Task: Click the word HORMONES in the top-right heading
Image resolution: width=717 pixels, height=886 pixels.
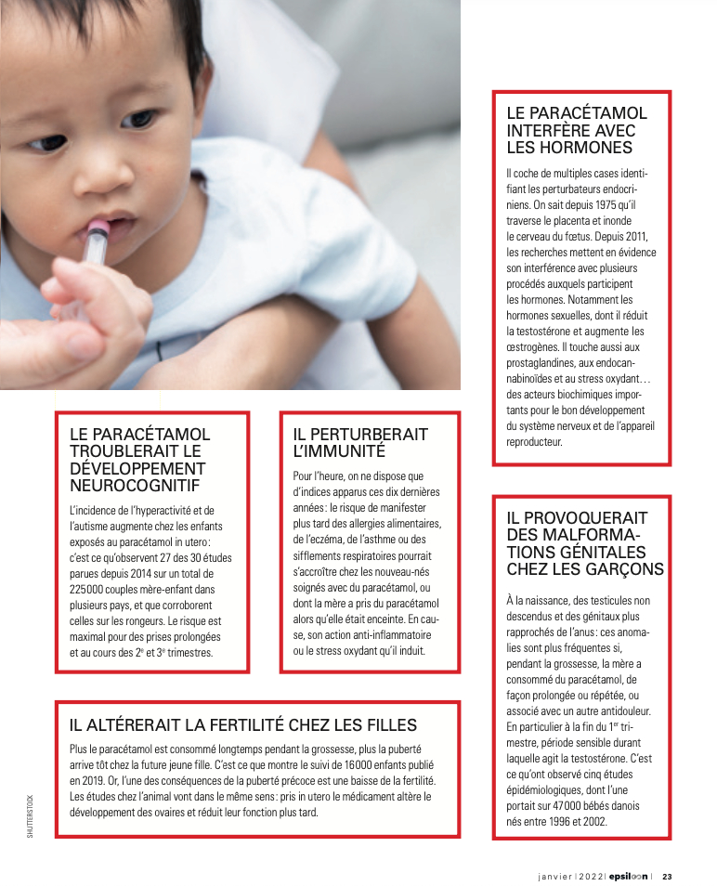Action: tap(592, 147)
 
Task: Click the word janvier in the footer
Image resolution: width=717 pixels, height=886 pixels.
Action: tap(554, 874)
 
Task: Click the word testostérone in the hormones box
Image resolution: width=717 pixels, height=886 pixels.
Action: tap(552, 332)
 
